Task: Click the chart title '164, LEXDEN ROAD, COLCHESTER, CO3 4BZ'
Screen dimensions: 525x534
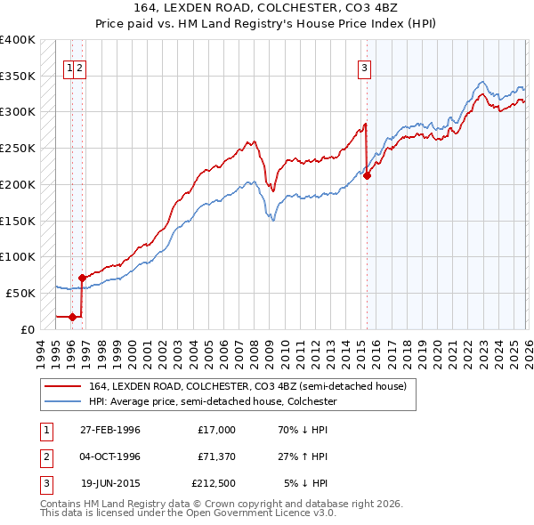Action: (x=266, y=11)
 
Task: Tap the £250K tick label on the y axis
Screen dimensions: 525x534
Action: (x=18, y=149)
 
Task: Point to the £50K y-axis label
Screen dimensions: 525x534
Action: (x=21, y=293)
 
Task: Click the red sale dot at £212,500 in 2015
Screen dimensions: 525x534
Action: (x=367, y=175)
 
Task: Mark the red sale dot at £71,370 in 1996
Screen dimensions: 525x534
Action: (x=82, y=278)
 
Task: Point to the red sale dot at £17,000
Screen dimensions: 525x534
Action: (x=72, y=317)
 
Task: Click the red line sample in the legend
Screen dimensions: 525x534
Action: (x=63, y=386)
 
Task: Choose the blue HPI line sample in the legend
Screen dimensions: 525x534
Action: (x=63, y=401)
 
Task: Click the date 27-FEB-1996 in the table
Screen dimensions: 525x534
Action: (x=110, y=430)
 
